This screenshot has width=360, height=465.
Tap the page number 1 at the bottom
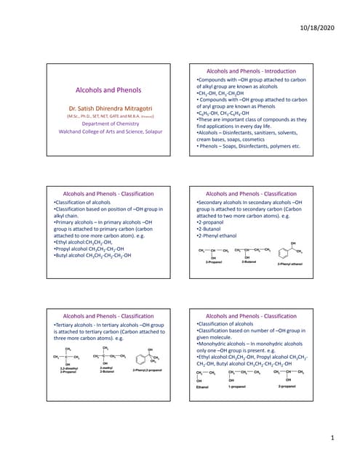click(x=332, y=438)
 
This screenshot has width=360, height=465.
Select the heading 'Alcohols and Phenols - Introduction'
click(x=249, y=71)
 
